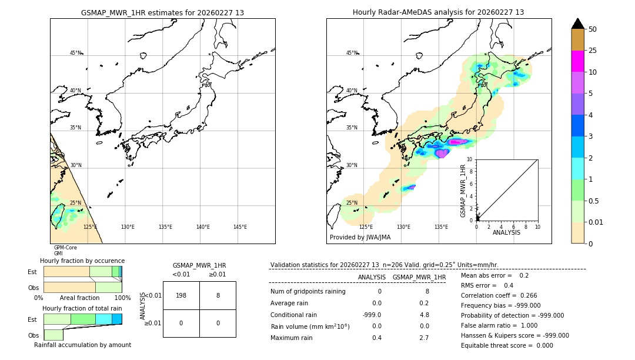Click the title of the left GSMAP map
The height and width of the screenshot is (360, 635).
coord(162,12)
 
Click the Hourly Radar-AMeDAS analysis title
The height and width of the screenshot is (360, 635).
coord(438,12)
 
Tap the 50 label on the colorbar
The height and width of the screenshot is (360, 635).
coord(593,29)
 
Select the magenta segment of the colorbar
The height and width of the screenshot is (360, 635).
coord(577,61)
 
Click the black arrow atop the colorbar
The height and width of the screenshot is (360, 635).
coord(577,24)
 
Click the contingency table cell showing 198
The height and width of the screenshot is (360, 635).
coord(181,295)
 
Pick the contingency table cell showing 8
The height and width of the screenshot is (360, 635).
coord(218,295)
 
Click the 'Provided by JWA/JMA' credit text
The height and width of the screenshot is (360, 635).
coord(360,238)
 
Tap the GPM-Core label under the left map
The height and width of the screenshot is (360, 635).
coord(65,248)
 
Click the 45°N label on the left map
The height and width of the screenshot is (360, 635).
coord(76,53)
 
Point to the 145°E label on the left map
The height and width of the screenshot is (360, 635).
coord(240,227)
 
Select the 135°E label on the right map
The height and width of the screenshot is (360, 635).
coord(441,227)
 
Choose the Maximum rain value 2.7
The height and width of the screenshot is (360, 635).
coord(424,338)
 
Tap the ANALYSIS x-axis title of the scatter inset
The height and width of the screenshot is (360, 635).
coord(506,233)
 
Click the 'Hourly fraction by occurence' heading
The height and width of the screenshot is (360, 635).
coord(82,261)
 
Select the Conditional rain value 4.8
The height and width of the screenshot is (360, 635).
coord(424,315)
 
